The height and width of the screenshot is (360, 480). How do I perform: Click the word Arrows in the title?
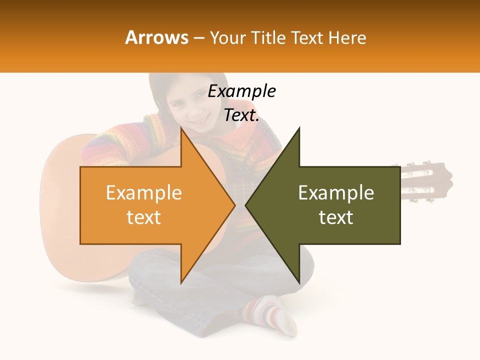point(157,37)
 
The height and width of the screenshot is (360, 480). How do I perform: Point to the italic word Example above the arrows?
point(241,91)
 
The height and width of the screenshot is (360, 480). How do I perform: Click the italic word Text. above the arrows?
point(241,115)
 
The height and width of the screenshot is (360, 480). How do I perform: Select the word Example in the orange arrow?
point(143,193)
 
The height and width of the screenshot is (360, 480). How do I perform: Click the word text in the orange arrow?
point(143,217)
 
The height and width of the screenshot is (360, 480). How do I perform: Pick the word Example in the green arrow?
point(336,193)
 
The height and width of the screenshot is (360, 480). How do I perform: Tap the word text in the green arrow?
point(336,217)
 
